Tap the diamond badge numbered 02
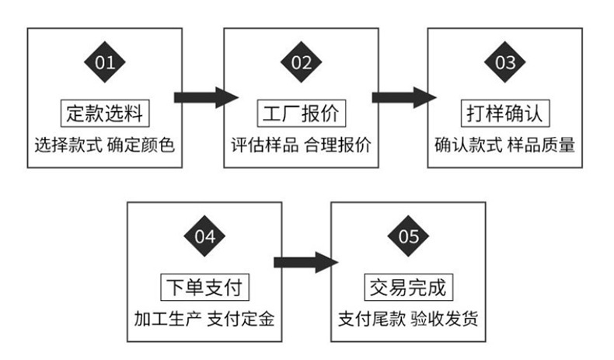click(x=301, y=62)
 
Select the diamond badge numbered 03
click(x=504, y=62)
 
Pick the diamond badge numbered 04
click(x=204, y=236)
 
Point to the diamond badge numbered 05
click(x=408, y=236)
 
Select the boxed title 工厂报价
click(x=301, y=114)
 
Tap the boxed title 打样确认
click(x=504, y=114)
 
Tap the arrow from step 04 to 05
click(x=305, y=261)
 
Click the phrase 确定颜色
click(x=142, y=145)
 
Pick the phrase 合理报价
click(x=337, y=145)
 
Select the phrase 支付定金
click(x=241, y=319)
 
